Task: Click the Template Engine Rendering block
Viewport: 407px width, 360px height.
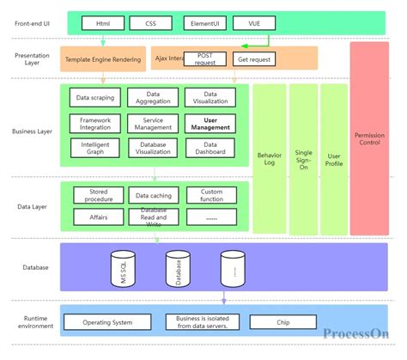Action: point(104,59)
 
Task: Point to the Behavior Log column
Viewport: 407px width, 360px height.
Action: point(269,159)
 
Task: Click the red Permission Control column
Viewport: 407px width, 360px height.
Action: point(369,137)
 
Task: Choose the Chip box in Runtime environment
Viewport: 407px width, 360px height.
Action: point(282,323)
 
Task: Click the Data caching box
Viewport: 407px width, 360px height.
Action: point(154,196)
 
